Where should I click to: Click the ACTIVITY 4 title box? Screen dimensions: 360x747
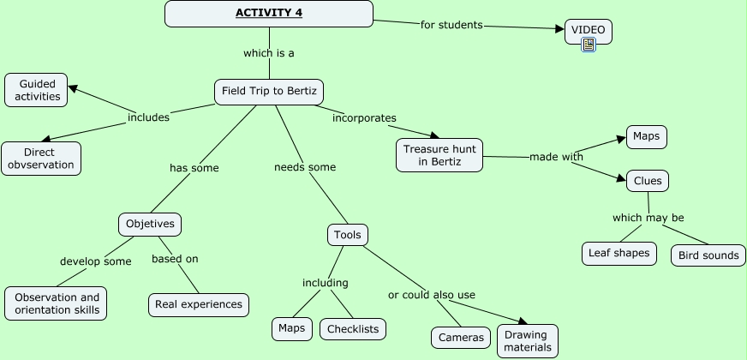[x=269, y=14]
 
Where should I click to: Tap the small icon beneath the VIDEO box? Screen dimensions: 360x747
[x=589, y=45]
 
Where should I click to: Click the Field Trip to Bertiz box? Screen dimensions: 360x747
[x=269, y=92]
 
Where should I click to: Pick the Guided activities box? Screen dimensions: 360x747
[x=38, y=90]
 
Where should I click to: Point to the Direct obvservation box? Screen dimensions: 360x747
[x=41, y=159]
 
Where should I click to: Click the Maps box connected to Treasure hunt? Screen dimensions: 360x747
[x=646, y=137]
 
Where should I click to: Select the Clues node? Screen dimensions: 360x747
[x=647, y=181]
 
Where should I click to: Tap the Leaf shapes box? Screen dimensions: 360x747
[x=619, y=254]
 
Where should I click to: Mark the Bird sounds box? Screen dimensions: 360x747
[x=708, y=255]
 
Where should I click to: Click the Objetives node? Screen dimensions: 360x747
[x=150, y=225]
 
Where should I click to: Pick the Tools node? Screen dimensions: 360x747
[x=348, y=235]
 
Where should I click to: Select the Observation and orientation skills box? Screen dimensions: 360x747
[x=57, y=303]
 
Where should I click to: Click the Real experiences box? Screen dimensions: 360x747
[x=200, y=304]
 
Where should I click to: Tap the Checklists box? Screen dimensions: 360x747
[x=353, y=328]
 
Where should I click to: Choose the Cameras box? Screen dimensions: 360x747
[x=461, y=338]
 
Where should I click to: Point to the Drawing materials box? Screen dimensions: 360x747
[x=528, y=341]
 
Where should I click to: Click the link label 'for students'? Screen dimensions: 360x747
[x=451, y=24]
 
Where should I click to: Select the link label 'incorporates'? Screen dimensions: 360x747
[x=364, y=117]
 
